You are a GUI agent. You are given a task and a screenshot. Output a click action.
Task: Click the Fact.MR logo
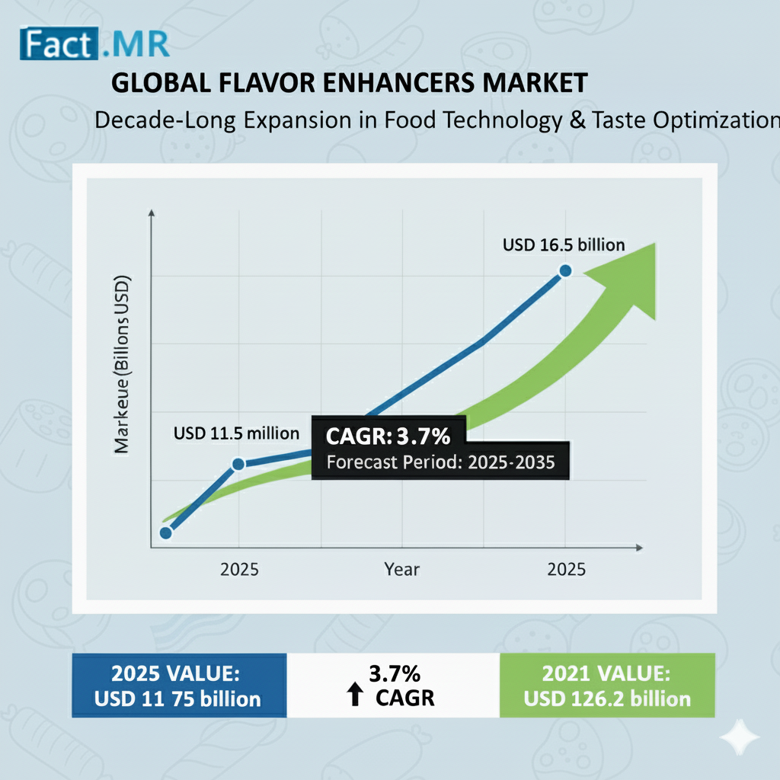pos(94,44)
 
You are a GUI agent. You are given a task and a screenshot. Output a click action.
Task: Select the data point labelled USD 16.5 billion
pos(565,270)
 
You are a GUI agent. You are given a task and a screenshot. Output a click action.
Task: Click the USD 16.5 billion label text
pos(564,245)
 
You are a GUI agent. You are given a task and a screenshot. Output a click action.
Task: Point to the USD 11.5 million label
pos(236,433)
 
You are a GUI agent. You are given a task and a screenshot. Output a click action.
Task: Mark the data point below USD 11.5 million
pos(238,464)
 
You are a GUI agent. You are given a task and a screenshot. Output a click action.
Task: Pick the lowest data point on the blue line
pos(166,533)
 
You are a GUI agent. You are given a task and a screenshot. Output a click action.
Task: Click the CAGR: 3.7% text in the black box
pos(388,437)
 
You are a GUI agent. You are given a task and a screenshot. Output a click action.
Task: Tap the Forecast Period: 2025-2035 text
pos(440,463)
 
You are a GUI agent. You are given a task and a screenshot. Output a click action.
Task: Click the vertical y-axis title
pos(122,366)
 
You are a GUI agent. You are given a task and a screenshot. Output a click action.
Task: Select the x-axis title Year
pos(401,569)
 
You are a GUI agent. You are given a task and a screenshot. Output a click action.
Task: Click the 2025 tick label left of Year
pos(239,569)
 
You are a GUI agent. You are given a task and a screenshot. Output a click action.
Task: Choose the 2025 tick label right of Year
pos(566,569)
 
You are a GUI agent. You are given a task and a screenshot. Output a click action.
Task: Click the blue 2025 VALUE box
pos(179,685)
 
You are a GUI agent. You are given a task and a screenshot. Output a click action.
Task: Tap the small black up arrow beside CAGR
pos(354,695)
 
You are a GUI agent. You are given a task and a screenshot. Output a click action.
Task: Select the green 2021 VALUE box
pos(607,685)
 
